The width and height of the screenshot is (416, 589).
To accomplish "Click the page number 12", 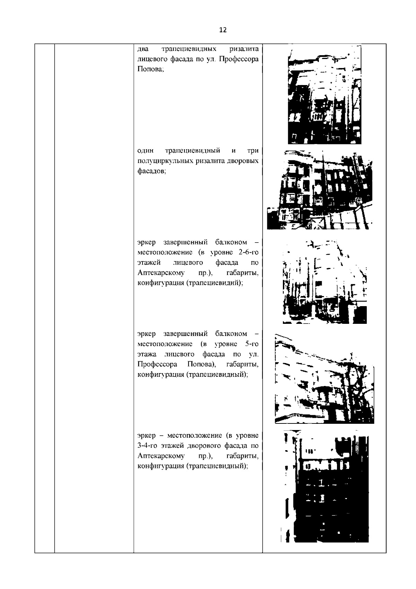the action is pos(223,30).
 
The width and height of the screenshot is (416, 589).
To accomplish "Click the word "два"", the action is pos(143,49).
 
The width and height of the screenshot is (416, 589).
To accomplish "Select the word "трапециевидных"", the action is pos(189,49).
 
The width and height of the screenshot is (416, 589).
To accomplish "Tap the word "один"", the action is pos(146,151).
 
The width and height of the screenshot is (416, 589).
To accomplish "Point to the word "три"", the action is pos(253,151).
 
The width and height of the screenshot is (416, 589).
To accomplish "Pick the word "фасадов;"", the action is pos(151,171).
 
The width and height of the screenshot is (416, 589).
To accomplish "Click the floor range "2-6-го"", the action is pos(249,252).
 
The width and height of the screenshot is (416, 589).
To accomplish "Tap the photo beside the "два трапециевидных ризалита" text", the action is pos(324,95).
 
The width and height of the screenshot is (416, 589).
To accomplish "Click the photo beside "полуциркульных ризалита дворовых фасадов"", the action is pos(320,190).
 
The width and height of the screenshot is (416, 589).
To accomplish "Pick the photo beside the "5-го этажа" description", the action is pos(324,378).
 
